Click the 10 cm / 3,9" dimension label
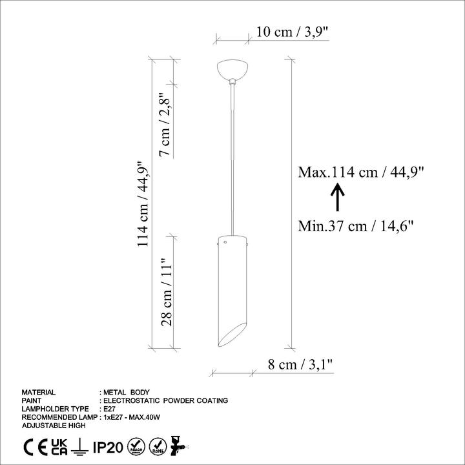[293, 32]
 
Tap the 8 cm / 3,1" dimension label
[300, 364]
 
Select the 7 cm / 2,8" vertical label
[165, 125]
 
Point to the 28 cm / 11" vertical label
[167, 293]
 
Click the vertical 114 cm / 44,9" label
[142, 204]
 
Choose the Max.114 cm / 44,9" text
[361, 172]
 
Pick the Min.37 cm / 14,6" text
[356, 226]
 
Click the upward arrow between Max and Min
[338, 197]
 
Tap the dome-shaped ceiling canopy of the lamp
[232, 69]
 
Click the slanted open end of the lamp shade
[232, 335]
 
